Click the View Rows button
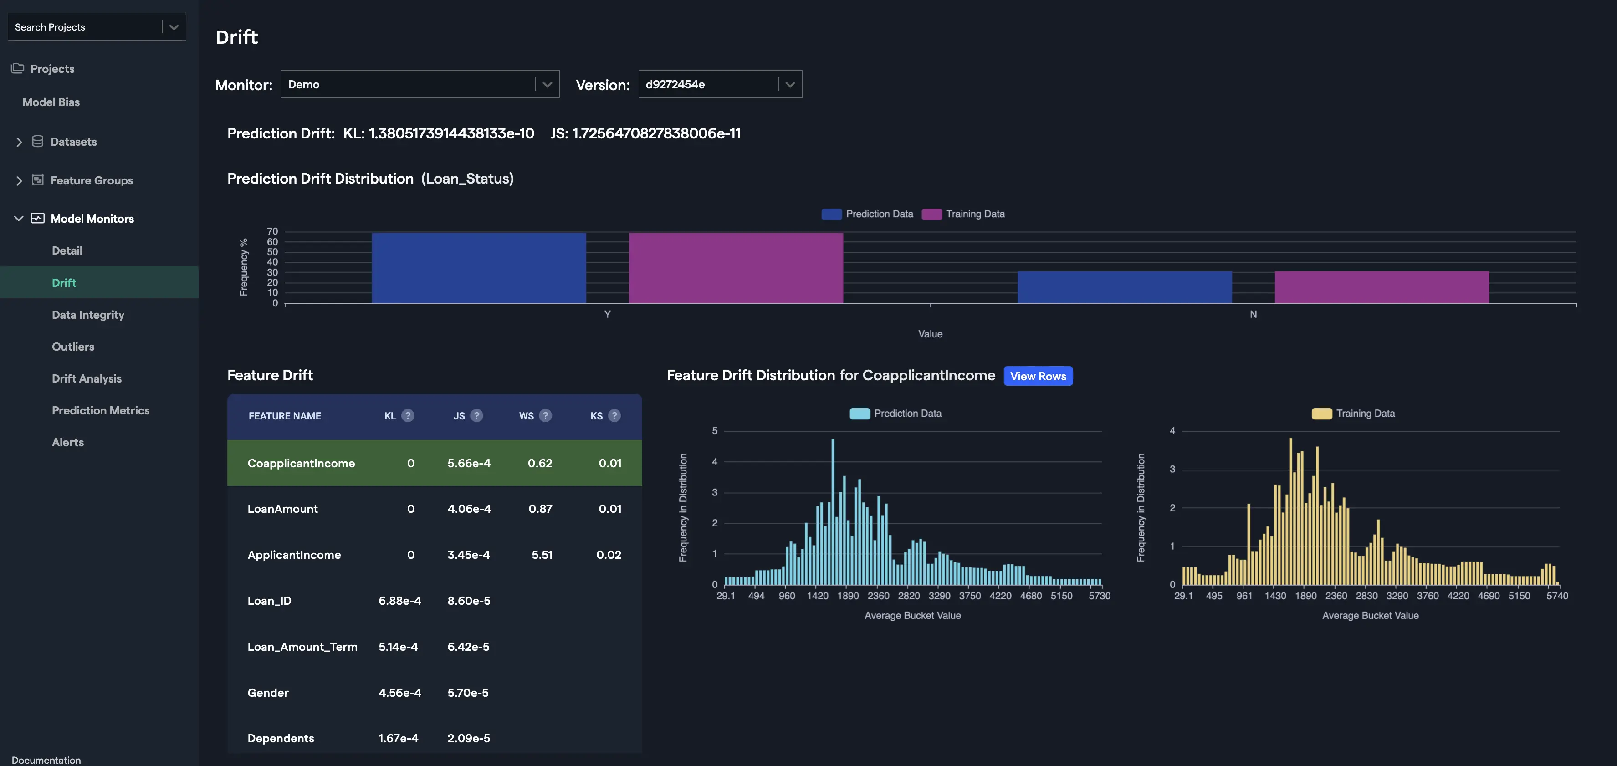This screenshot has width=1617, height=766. click(x=1038, y=377)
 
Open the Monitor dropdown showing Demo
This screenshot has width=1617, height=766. click(x=420, y=84)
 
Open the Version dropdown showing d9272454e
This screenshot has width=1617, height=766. click(x=719, y=84)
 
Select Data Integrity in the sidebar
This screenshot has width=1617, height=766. click(x=88, y=315)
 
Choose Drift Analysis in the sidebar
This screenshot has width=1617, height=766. click(x=87, y=378)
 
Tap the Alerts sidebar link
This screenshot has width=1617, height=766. click(x=68, y=442)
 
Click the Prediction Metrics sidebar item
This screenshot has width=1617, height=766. click(x=100, y=410)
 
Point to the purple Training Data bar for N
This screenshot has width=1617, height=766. click(x=1381, y=287)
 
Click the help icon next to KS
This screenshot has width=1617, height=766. click(x=614, y=415)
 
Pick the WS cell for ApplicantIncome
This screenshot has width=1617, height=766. click(x=542, y=555)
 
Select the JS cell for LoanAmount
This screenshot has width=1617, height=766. click(x=469, y=509)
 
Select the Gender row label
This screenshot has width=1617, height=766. click(x=268, y=693)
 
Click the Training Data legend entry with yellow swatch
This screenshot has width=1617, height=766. click(x=1353, y=414)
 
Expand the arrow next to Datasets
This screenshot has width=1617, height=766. click(x=19, y=142)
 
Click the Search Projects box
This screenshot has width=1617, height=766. click(x=85, y=27)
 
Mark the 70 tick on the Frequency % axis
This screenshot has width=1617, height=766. click(x=272, y=231)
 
